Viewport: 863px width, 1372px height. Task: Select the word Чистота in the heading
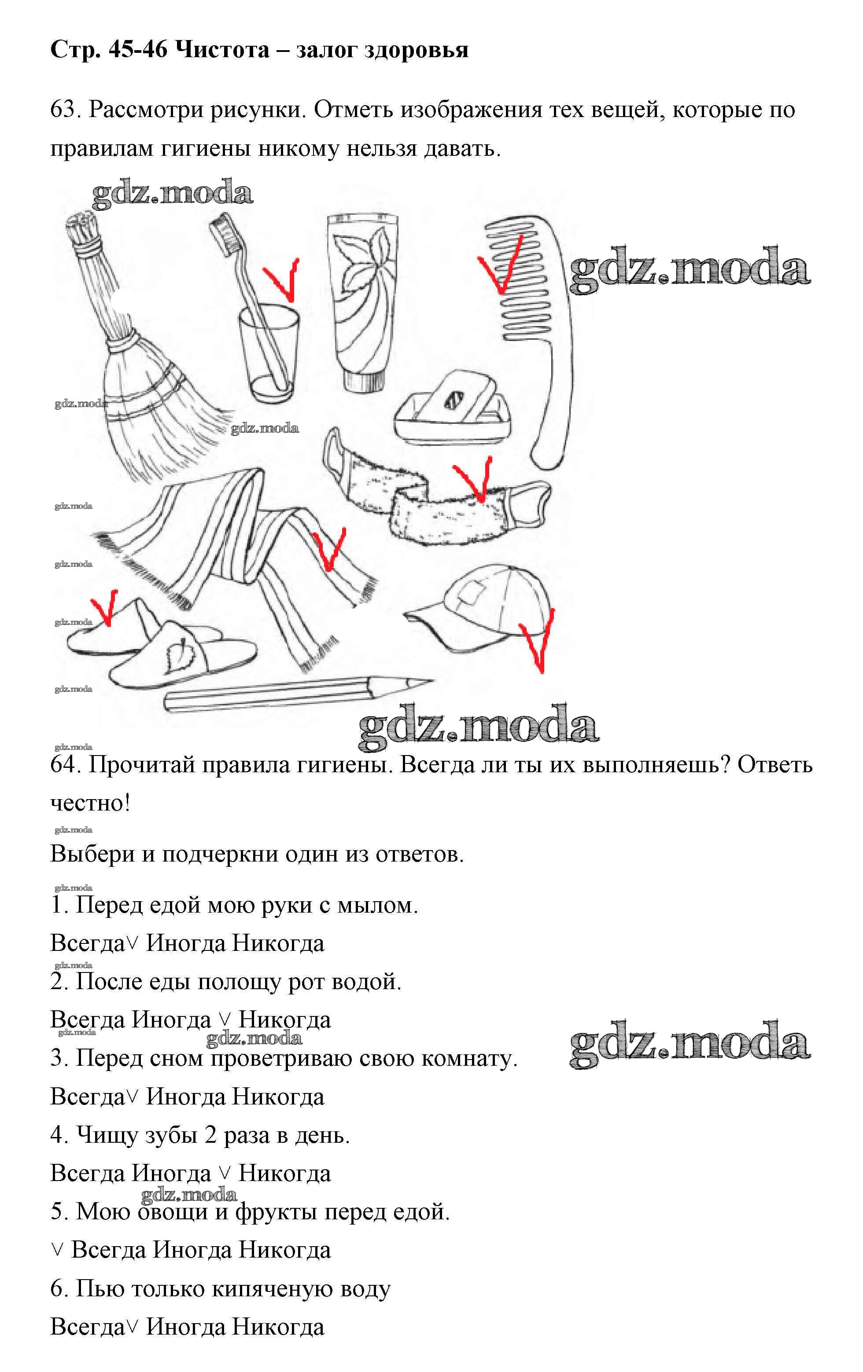click(222, 50)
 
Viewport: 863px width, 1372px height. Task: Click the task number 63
click(66, 110)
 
